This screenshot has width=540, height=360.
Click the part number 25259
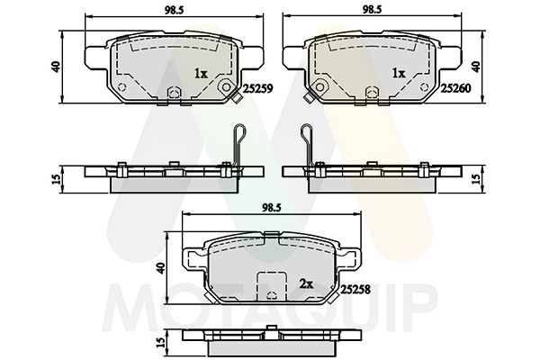coord(258,88)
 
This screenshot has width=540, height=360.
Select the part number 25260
coord(455,88)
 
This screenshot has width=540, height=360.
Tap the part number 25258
coord(355,290)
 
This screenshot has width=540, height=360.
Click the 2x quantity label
coord(306,283)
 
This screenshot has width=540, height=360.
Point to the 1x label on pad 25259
coord(201,73)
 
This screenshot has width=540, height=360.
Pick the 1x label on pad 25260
coord(399,73)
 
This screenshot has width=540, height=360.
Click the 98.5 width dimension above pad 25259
coord(174,10)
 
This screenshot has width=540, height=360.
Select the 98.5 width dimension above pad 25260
coord(372,10)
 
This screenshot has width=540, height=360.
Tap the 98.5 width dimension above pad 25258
coord(272,208)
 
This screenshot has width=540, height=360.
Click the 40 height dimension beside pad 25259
coord(56,67)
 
